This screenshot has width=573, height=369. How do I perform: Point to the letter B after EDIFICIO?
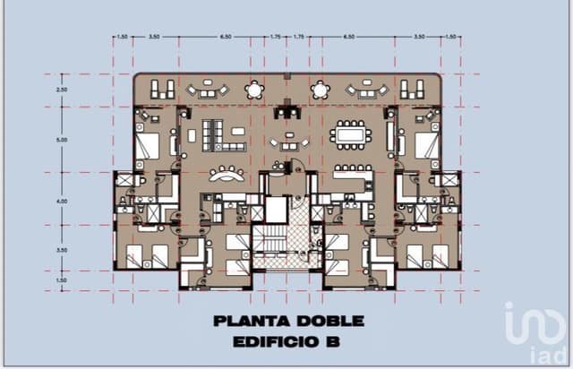pyautogui.click(x=334, y=341)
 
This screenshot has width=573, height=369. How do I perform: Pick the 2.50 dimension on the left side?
pyautogui.click(x=62, y=90)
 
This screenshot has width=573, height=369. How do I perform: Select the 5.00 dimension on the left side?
pyautogui.click(x=62, y=140)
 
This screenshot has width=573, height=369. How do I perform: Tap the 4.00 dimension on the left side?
pyautogui.click(x=62, y=202)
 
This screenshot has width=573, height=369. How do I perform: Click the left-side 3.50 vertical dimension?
pyautogui.click(x=62, y=250)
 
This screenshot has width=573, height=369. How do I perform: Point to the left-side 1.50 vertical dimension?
pyautogui.click(x=62, y=280)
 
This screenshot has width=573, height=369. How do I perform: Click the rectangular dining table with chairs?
pyautogui.click(x=348, y=136)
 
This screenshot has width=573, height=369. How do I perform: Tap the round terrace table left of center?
pyautogui.click(x=256, y=90)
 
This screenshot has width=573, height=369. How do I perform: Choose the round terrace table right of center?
pyautogui.click(x=320, y=90)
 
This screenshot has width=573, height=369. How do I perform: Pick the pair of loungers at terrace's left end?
pyautogui.click(x=162, y=89)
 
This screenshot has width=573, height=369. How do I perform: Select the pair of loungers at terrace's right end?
pyautogui.click(x=412, y=89)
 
